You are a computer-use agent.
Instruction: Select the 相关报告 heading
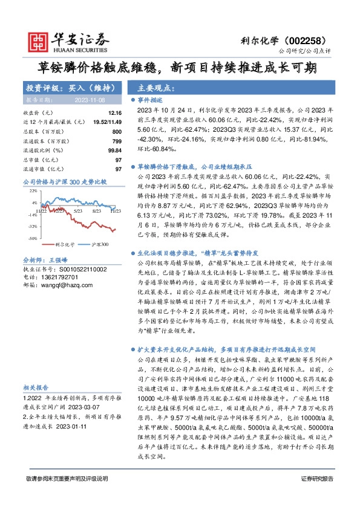pyautogui.click(x=36, y=387)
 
